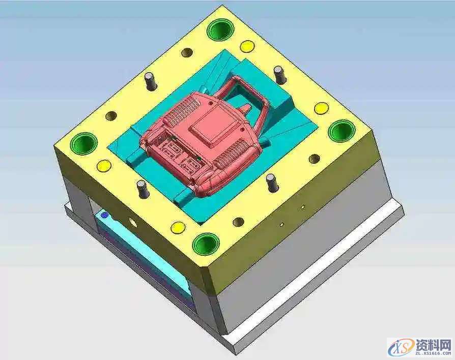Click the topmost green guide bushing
pyautogui.click(x=220, y=29)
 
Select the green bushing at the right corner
pyautogui.click(x=342, y=131)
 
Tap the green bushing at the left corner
pyautogui.click(x=84, y=144)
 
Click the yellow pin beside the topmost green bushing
pyautogui.click(x=247, y=46)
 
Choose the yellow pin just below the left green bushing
pyautogui.click(x=104, y=166)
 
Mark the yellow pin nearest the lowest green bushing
pyautogui.click(x=178, y=228)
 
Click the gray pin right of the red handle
pyautogui.click(x=279, y=75)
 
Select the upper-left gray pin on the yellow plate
pyautogui.click(x=151, y=81)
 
